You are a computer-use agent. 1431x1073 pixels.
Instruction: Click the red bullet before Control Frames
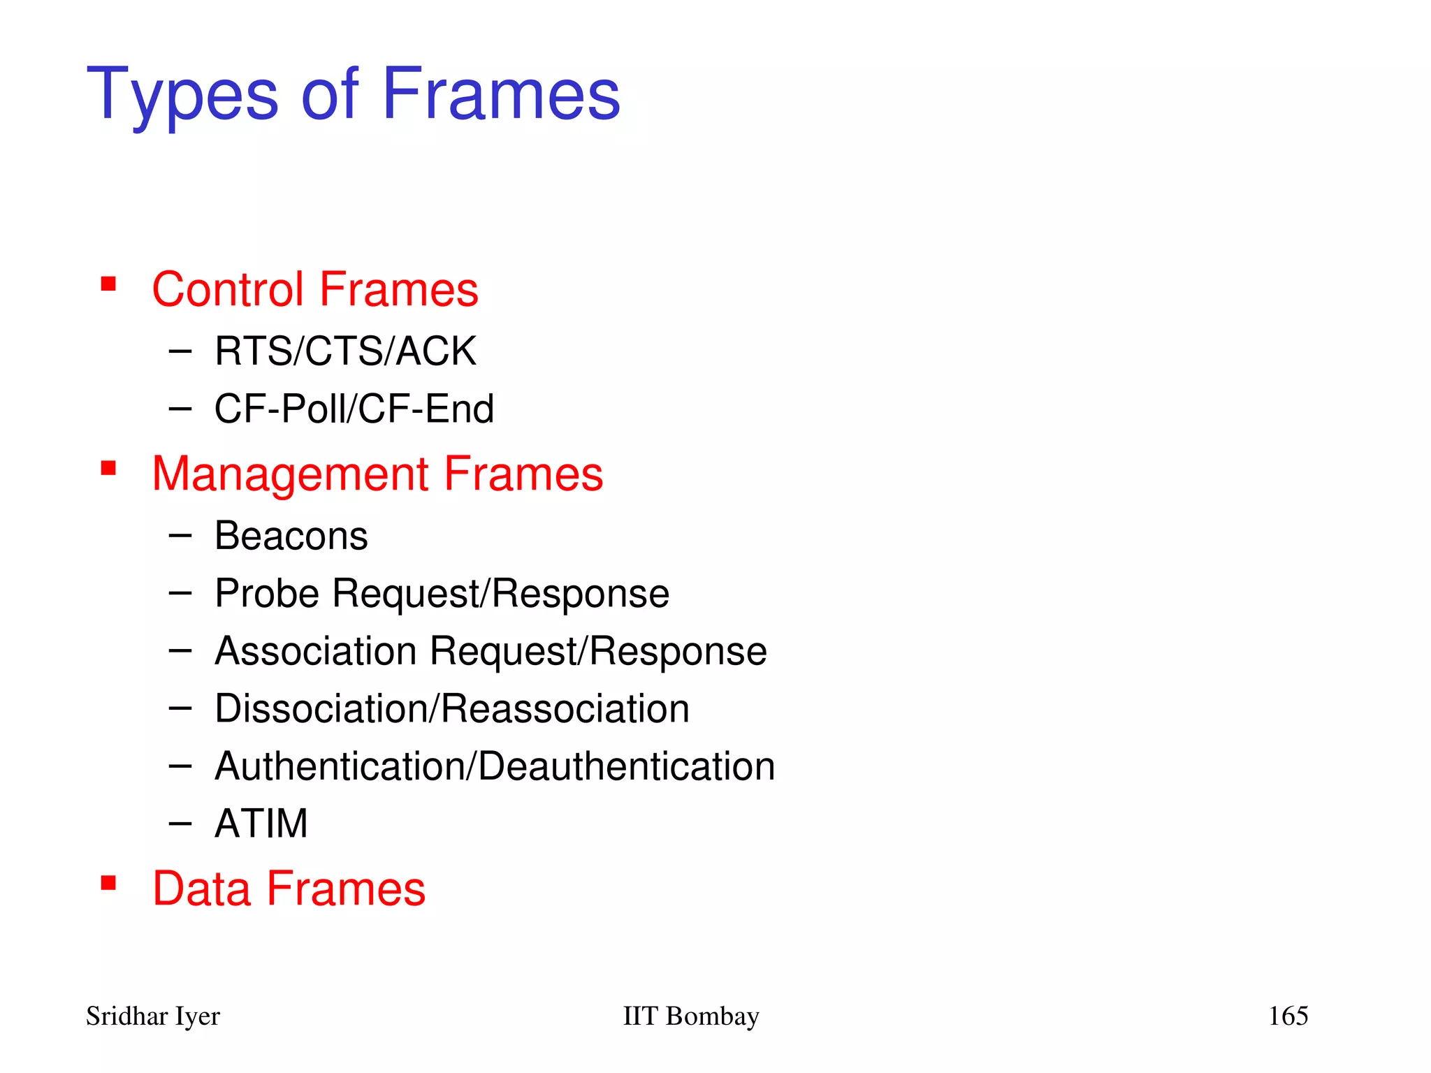[108, 284]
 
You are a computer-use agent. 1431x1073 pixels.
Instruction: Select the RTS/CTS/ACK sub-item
[345, 351]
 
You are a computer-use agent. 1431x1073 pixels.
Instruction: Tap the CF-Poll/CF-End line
[354, 409]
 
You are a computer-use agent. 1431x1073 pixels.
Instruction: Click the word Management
[290, 474]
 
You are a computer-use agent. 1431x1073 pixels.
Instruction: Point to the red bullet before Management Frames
[108, 467]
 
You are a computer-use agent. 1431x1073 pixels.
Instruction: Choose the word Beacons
[291, 536]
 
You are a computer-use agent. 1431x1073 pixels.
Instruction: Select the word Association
[316, 651]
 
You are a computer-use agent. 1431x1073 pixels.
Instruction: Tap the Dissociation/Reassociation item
[452, 708]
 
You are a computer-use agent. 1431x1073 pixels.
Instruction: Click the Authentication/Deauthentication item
[495, 766]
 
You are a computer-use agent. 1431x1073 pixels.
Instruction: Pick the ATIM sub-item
[261, 824]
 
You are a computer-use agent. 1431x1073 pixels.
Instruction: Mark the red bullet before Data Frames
[108, 883]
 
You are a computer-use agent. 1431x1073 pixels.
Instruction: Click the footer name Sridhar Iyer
[153, 1016]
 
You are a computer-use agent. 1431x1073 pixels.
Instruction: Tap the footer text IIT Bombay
[690, 1016]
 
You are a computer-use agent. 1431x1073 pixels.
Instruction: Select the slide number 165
[1288, 1016]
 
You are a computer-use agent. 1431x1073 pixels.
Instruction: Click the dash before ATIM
[180, 824]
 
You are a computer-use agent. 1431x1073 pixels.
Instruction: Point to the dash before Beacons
[180, 536]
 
